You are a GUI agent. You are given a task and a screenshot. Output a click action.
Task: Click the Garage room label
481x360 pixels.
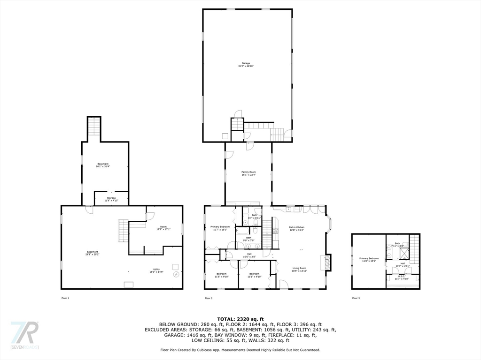[x=246, y=65]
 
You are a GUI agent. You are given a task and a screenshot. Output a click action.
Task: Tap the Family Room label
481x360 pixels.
[x=248, y=173]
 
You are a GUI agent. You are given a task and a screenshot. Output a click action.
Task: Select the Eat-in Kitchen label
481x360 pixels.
[x=296, y=228]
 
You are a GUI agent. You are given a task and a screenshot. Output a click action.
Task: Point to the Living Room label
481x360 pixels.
[x=300, y=270]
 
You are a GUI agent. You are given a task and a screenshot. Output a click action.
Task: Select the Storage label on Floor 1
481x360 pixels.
[x=111, y=199]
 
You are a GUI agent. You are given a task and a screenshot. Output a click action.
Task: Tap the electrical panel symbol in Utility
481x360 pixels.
[x=176, y=274]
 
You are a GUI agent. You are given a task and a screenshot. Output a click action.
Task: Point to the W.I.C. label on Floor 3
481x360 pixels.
[x=402, y=277]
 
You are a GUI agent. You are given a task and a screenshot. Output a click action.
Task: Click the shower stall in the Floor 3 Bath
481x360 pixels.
[x=403, y=254]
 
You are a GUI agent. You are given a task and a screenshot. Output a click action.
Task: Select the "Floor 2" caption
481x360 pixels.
[x=209, y=298]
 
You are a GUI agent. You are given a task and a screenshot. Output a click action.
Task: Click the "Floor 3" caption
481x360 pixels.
[x=356, y=298]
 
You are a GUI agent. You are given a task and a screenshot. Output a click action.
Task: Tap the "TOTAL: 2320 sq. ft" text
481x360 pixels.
[x=240, y=319]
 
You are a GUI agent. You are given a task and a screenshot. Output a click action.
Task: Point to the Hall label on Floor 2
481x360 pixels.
[x=249, y=255]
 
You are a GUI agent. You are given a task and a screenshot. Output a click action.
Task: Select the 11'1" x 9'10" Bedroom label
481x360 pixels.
[x=254, y=275]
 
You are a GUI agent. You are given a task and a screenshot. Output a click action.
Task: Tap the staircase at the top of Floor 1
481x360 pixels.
[x=94, y=127]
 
